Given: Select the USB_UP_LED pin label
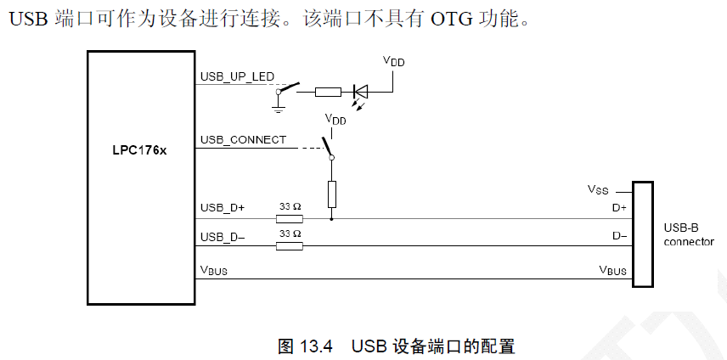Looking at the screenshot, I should point(237,76).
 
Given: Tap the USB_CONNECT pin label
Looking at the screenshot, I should point(243,139).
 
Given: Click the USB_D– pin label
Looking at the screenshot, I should point(223,237).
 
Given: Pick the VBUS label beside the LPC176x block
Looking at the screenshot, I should point(213,270).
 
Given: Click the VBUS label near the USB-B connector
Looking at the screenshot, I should point(612,270).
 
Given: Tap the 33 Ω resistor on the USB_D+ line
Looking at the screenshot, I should point(290,218).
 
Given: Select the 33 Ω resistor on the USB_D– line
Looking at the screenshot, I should point(290,246).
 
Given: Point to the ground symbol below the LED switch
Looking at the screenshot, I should point(277,107).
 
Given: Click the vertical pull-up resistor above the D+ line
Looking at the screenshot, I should point(332,194).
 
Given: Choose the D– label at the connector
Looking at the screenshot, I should point(619,236).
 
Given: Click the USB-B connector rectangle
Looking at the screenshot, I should point(642,234).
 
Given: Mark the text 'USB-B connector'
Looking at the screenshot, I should point(689,234).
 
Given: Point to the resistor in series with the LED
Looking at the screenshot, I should point(328,91).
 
